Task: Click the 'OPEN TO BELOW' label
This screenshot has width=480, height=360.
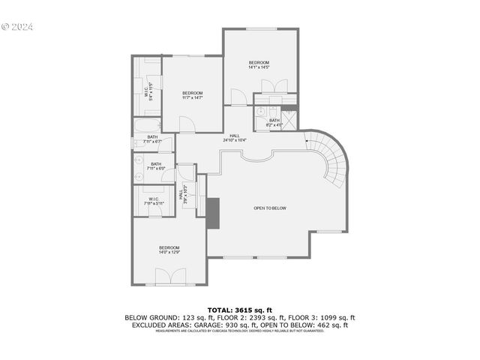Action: (x=269, y=208)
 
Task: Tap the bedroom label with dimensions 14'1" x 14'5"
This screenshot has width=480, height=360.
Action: (x=259, y=64)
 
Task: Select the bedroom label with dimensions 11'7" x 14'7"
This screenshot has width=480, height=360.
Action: (x=193, y=95)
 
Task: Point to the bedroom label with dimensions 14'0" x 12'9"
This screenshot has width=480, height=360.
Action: (x=169, y=250)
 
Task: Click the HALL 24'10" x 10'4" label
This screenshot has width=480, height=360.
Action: (x=235, y=137)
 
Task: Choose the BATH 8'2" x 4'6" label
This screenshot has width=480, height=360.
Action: (x=274, y=122)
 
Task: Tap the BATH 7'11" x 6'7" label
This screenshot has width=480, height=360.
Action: (x=152, y=139)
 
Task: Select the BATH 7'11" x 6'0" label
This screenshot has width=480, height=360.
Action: (x=155, y=166)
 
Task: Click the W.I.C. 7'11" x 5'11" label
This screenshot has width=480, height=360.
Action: (x=153, y=201)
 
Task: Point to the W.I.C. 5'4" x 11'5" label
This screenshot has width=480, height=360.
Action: (x=149, y=91)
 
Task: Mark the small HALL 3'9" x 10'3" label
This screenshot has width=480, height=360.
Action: (x=182, y=196)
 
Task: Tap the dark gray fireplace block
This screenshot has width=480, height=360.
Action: (x=213, y=212)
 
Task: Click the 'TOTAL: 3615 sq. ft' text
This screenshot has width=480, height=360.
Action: (x=239, y=309)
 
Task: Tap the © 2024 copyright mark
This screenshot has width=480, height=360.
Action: (x=17, y=26)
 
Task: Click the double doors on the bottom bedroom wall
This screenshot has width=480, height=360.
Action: (x=169, y=278)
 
